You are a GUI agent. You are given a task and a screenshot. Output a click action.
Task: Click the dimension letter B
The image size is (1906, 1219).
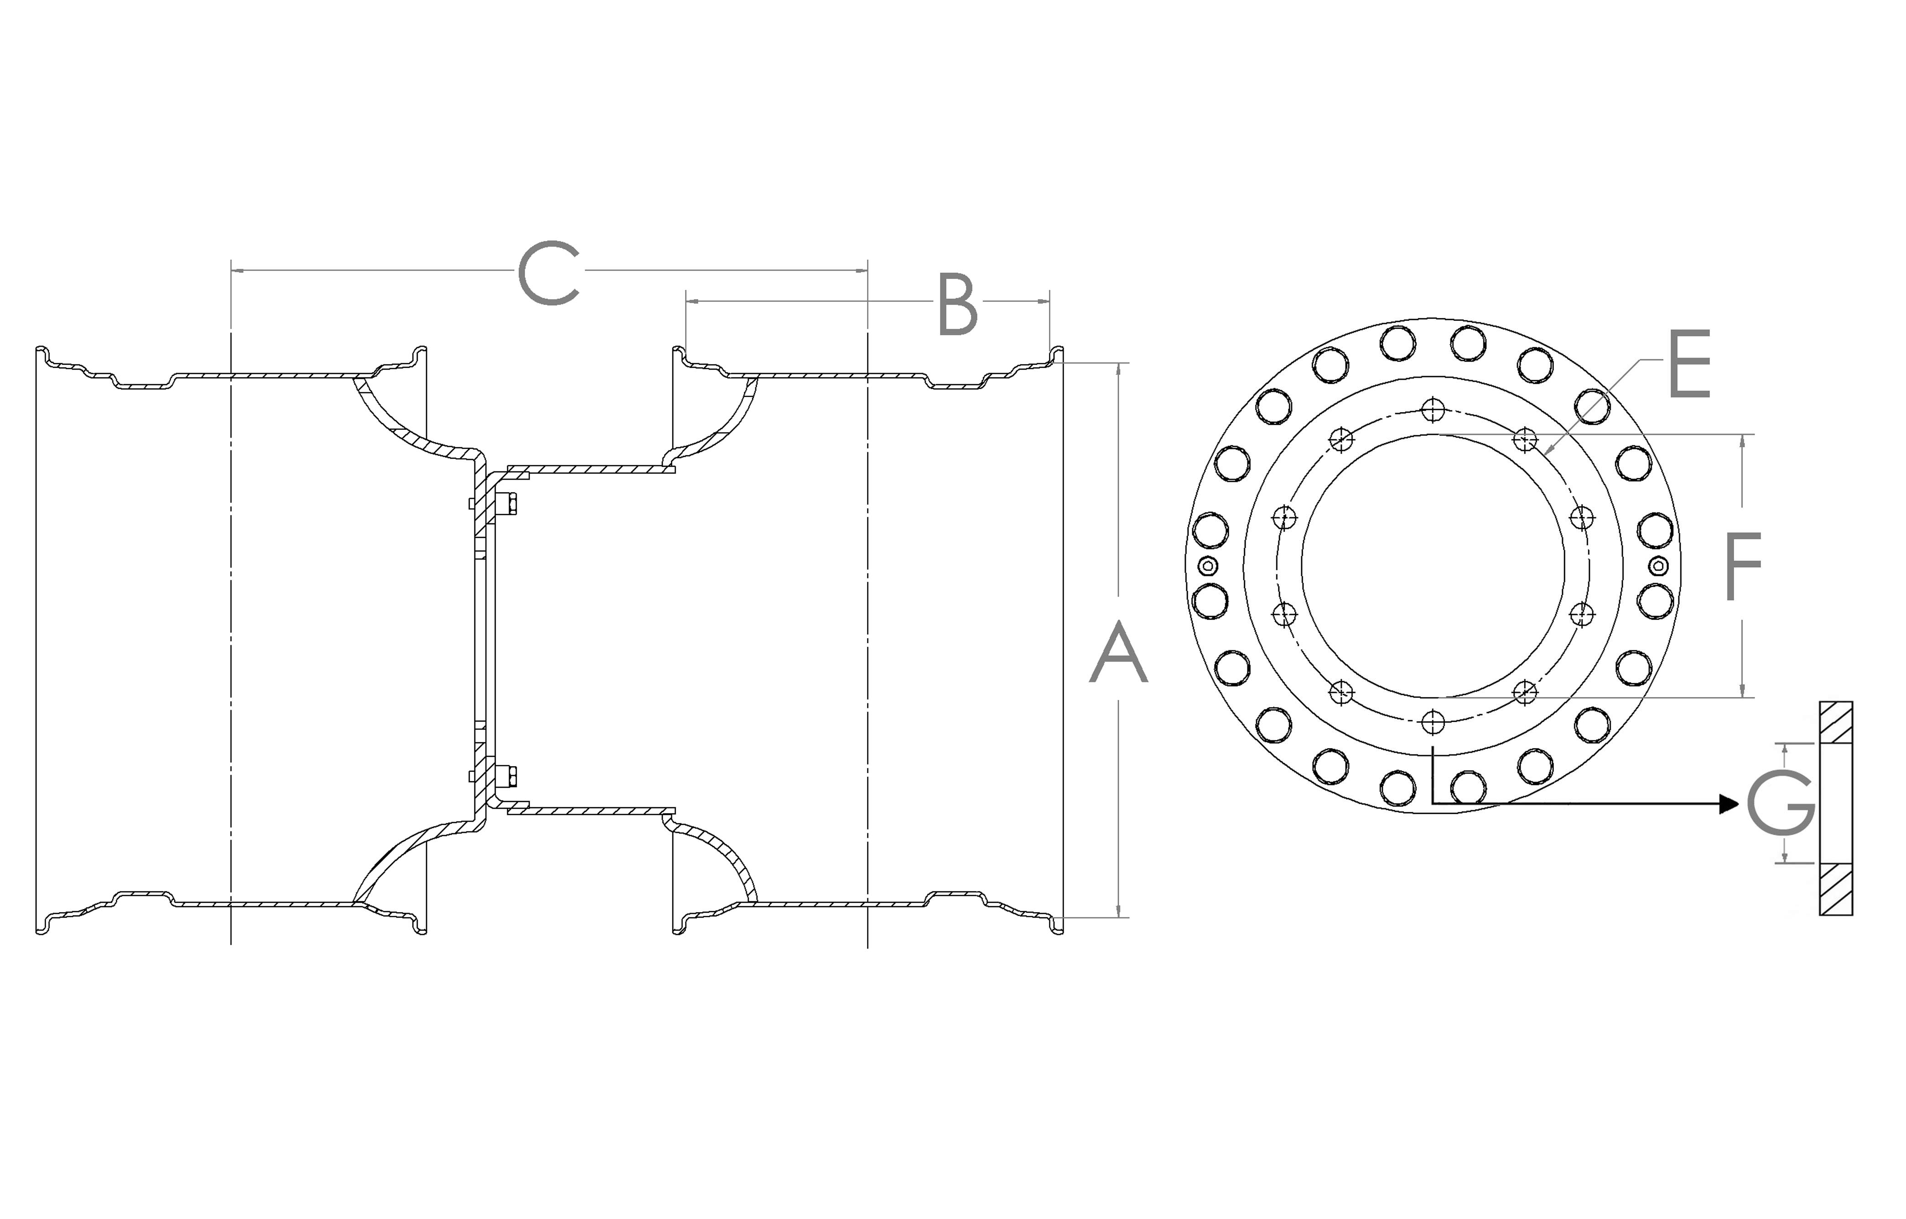tap(957, 304)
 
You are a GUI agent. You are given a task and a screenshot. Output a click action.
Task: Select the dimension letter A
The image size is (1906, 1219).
tap(1118, 652)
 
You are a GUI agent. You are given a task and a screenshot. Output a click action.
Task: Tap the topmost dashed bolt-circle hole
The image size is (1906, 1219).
tap(1433, 410)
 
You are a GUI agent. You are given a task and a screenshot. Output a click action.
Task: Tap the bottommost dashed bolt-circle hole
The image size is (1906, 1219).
tap(1433, 722)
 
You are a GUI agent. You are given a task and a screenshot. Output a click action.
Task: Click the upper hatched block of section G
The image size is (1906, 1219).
tap(1835, 722)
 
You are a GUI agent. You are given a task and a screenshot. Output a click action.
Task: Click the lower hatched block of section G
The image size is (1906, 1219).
tap(1835, 889)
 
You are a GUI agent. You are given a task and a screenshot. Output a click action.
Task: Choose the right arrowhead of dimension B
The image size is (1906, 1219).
tap(1044, 301)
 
